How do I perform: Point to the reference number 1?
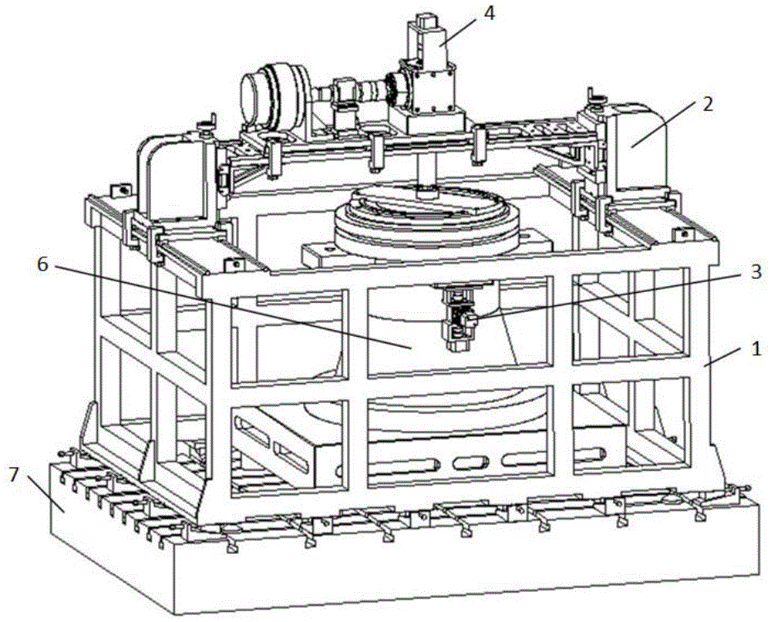tap(756, 349)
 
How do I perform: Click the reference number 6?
tap(42, 265)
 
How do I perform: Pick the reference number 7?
tap(15, 476)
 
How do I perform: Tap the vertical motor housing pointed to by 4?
tap(429, 66)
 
